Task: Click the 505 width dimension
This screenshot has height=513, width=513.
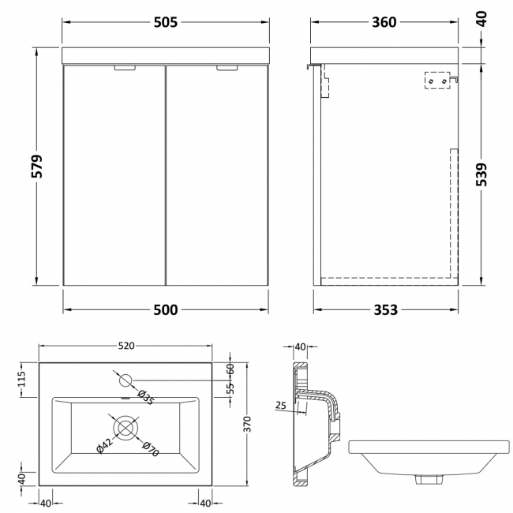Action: [167, 22]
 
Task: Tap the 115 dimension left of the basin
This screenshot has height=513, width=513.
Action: [22, 380]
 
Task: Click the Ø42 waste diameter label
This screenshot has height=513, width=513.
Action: [103, 445]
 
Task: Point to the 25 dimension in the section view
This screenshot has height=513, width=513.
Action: [281, 405]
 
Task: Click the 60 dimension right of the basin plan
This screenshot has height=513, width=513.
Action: [231, 369]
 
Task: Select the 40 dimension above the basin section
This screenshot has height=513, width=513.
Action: [300, 346]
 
